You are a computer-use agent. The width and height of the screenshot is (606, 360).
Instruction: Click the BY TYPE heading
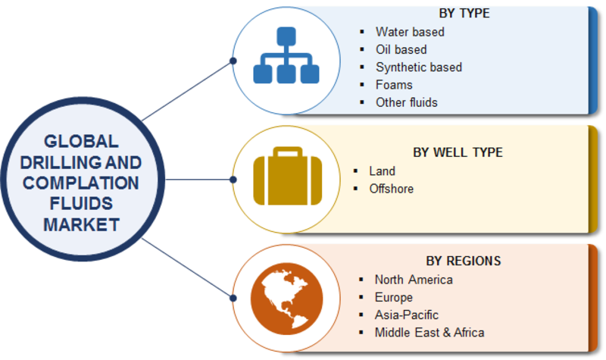click(464, 13)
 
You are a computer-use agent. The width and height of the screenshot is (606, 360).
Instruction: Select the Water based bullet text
click(410, 32)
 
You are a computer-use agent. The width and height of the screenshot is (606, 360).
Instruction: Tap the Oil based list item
click(401, 49)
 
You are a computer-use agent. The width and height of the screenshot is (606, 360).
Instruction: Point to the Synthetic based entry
click(419, 67)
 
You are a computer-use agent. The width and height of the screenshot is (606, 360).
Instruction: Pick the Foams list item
click(394, 85)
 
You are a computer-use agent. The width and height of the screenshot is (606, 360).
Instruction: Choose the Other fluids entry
click(407, 102)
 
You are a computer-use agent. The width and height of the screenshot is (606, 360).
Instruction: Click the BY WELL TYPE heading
click(458, 152)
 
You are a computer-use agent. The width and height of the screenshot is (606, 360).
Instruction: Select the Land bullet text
click(383, 171)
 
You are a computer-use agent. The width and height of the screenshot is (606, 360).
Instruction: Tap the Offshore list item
click(391, 189)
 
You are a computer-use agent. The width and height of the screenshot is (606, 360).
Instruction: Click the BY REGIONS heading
click(464, 261)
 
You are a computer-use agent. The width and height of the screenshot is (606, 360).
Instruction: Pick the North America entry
click(414, 280)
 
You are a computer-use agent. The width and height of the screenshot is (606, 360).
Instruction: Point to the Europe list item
click(393, 297)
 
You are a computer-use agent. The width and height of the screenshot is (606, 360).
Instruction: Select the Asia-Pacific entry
click(407, 315)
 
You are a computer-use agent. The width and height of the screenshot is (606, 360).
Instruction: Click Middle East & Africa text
click(430, 333)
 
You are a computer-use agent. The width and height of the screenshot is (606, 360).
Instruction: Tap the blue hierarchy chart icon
click(286, 55)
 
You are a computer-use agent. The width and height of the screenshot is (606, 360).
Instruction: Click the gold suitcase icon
click(288, 176)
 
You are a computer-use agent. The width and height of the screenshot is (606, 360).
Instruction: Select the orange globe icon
click(286, 299)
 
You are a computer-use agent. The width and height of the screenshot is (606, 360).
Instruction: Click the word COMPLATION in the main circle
click(81, 183)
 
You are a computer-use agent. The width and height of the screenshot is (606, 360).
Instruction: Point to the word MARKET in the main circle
click(81, 224)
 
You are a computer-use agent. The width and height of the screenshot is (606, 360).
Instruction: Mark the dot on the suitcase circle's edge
click(233, 180)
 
